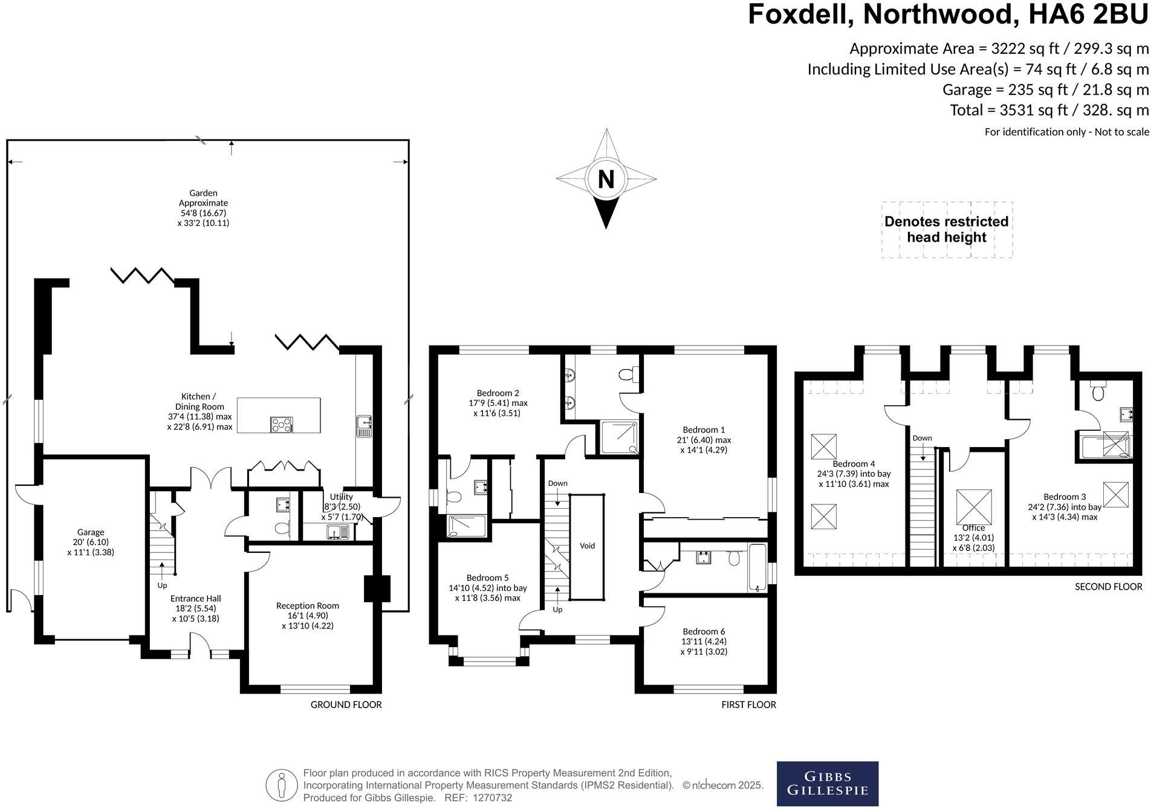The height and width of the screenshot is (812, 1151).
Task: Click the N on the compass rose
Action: click(x=606, y=179)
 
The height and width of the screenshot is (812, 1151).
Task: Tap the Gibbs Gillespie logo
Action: click(x=827, y=784)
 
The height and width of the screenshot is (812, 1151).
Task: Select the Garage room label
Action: click(x=91, y=542)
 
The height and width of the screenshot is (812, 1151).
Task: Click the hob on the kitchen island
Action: click(x=282, y=424)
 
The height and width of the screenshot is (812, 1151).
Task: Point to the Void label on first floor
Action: click(x=588, y=546)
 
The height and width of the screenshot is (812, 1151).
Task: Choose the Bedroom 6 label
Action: click(x=704, y=641)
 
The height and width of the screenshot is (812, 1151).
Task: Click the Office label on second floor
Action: click(x=973, y=538)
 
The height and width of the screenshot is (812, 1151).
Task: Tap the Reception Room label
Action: click(x=308, y=615)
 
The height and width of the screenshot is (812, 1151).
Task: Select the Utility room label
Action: click(x=342, y=506)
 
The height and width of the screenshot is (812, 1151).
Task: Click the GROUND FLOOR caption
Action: click(x=346, y=704)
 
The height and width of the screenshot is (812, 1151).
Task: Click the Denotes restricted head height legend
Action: click(x=947, y=230)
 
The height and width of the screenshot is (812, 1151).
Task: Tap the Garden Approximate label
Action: click(x=204, y=208)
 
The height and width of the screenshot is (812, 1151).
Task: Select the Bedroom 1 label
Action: click(x=704, y=440)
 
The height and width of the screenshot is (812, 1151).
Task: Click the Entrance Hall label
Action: click(x=196, y=608)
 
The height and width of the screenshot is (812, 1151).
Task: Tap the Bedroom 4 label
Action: click(x=854, y=474)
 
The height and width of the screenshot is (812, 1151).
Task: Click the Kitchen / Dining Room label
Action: click(x=199, y=411)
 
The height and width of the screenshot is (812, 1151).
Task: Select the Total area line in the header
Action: click(x=1049, y=110)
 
